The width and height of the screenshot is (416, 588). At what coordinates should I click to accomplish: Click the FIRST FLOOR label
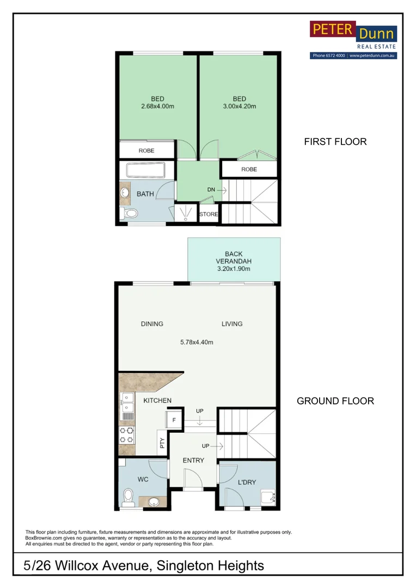(x=335, y=142)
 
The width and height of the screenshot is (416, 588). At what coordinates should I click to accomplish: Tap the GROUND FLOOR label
(x=335, y=401)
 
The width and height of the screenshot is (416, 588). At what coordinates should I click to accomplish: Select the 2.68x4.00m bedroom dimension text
(x=157, y=107)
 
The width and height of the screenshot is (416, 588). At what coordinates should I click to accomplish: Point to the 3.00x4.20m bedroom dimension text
(x=240, y=107)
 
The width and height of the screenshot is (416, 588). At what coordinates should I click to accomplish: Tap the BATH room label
(x=145, y=194)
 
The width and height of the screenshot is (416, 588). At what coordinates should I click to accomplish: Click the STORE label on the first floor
(x=209, y=215)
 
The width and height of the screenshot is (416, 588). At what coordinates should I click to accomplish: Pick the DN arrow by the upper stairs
(x=216, y=189)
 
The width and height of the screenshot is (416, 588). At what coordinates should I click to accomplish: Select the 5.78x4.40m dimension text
(x=197, y=342)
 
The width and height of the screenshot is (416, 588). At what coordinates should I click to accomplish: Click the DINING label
(x=152, y=324)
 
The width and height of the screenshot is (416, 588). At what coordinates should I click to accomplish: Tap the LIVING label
(x=232, y=324)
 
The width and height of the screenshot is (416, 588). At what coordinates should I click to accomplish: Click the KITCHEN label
(x=157, y=401)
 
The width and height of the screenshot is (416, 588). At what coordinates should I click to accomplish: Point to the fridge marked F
(x=174, y=420)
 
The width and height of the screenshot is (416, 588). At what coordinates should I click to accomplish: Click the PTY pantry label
(x=162, y=443)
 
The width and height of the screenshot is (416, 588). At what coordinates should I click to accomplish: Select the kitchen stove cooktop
(x=127, y=434)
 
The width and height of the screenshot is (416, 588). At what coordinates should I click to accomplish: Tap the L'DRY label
(x=247, y=482)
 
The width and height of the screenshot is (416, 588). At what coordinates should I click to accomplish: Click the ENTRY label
(x=193, y=461)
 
